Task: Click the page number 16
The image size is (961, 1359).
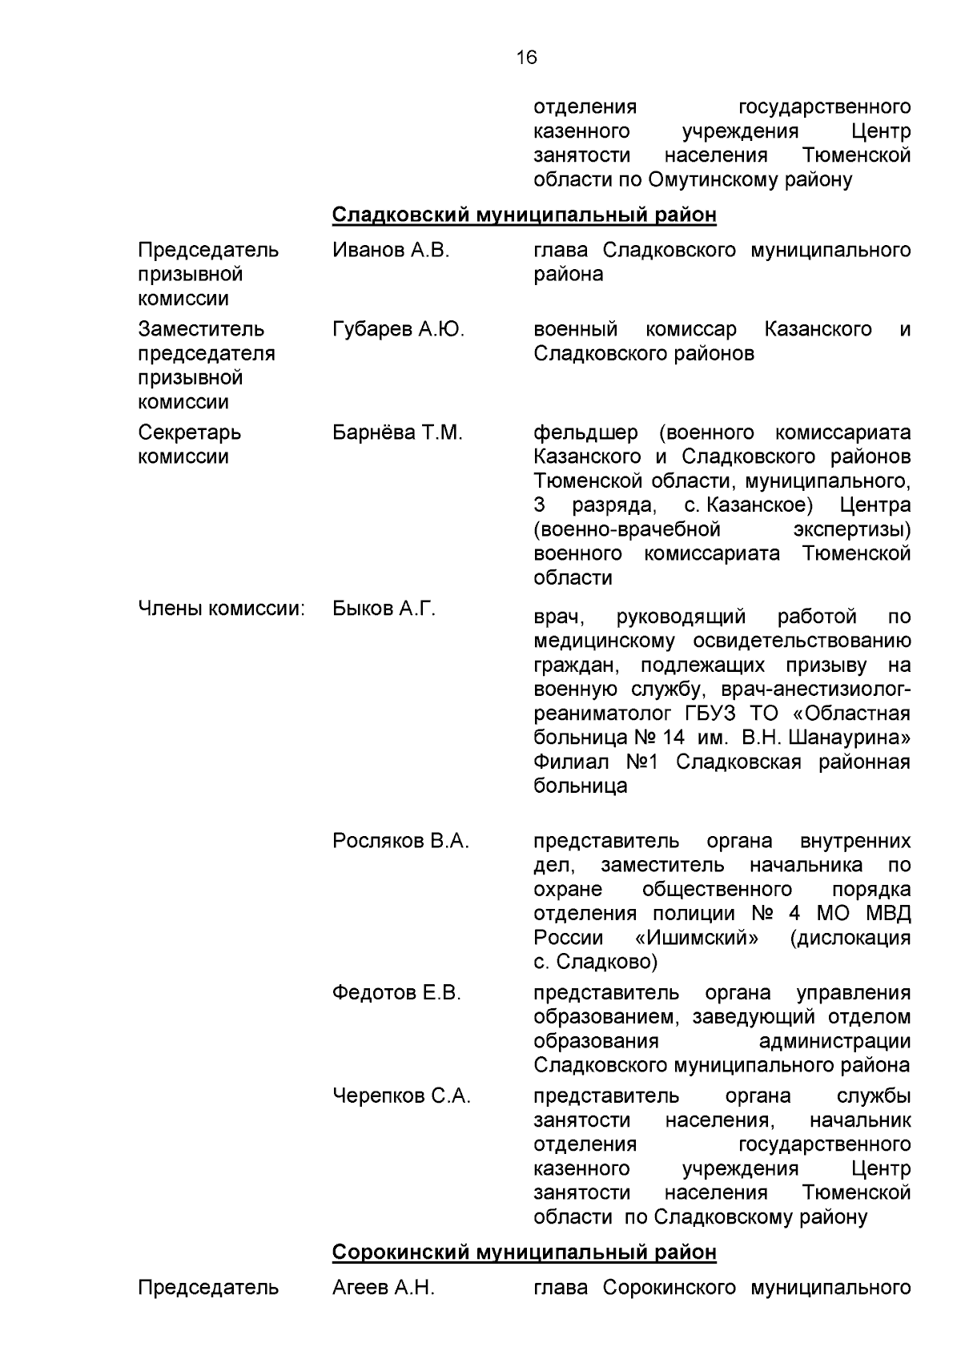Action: click(x=526, y=58)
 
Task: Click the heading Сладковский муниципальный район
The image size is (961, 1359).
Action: click(x=524, y=215)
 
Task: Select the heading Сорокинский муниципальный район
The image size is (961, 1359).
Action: click(x=524, y=1252)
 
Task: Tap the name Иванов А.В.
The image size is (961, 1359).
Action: click(x=391, y=251)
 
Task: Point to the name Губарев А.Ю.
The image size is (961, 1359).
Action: click(x=398, y=330)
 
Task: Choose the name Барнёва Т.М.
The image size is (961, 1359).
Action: click(x=397, y=433)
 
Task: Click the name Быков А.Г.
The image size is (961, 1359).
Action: click(x=384, y=609)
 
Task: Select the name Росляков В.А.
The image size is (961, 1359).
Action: click(x=400, y=842)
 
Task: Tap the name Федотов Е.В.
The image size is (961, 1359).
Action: click(x=396, y=994)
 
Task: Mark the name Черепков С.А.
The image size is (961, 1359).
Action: click(x=401, y=1096)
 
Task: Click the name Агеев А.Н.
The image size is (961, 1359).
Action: click(x=383, y=1289)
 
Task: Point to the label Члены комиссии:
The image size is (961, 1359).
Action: click(x=222, y=609)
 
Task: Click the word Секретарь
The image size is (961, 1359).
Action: click(x=189, y=433)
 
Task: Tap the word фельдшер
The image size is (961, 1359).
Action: click(x=585, y=433)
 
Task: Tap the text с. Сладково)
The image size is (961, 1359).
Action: click(x=595, y=962)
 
